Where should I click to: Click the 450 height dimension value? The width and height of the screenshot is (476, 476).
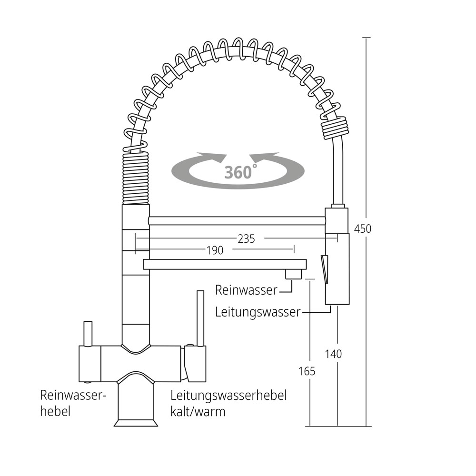(363, 228)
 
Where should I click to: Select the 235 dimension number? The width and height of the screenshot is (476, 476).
(246, 239)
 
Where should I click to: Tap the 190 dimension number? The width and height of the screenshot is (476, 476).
(215, 250)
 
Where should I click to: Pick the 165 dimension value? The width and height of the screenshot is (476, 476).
(307, 371)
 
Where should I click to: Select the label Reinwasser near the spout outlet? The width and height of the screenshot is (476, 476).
(246, 289)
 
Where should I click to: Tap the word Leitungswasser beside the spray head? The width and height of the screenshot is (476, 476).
(258, 312)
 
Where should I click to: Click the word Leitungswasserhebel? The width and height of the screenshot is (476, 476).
(228, 395)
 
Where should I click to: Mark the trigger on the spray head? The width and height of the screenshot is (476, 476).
(325, 269)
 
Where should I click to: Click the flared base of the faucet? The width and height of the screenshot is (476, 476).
(136, 422)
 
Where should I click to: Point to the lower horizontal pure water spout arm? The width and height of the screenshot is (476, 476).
(224, 264)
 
